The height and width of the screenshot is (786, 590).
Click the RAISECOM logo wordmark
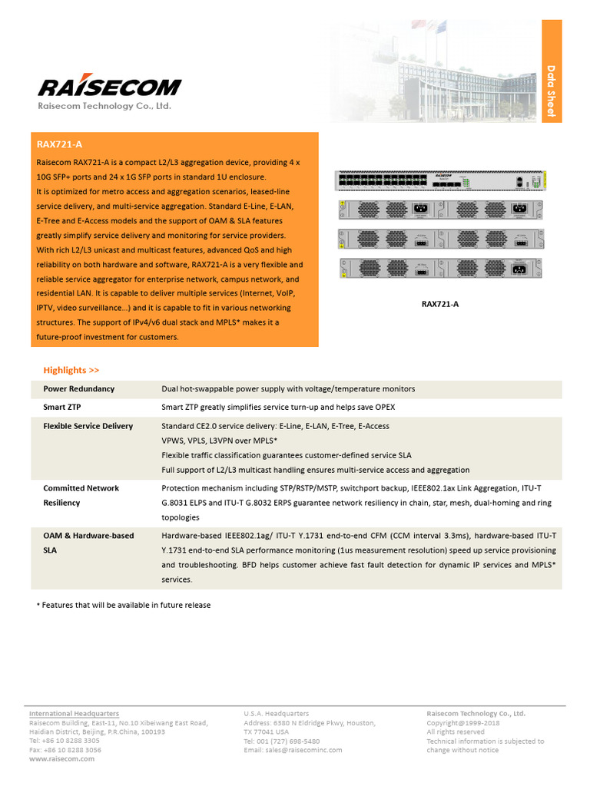tap(110, 86)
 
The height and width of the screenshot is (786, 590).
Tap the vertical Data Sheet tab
tap(551, 91)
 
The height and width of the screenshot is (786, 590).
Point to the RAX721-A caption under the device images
tap(440, 304)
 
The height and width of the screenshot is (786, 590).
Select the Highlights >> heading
tap(71, 370)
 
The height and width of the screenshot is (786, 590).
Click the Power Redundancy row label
tap(79, 389)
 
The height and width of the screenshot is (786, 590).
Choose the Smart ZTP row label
tap(62, 407)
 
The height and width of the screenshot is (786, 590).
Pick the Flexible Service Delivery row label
tap(88, 426)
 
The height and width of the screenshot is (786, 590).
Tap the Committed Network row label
tap(81, 488)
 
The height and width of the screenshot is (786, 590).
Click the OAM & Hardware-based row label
tap(88, 536)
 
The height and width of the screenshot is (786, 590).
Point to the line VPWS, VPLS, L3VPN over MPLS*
tap(219, 441)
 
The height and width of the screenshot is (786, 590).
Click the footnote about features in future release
tap(124, 605)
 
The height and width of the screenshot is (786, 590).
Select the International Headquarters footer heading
tap(75, 714)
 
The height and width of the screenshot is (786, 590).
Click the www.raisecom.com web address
tap(62, 758)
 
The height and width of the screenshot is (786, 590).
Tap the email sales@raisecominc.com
tap(293, 750)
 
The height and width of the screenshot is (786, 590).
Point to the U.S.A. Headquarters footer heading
tap(277, 714)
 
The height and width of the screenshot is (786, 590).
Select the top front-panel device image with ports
tap(439, 181)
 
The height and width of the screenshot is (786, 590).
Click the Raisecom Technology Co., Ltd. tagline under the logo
tap(105, 106)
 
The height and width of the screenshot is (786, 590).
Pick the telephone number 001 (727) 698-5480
tap(282, 741)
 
